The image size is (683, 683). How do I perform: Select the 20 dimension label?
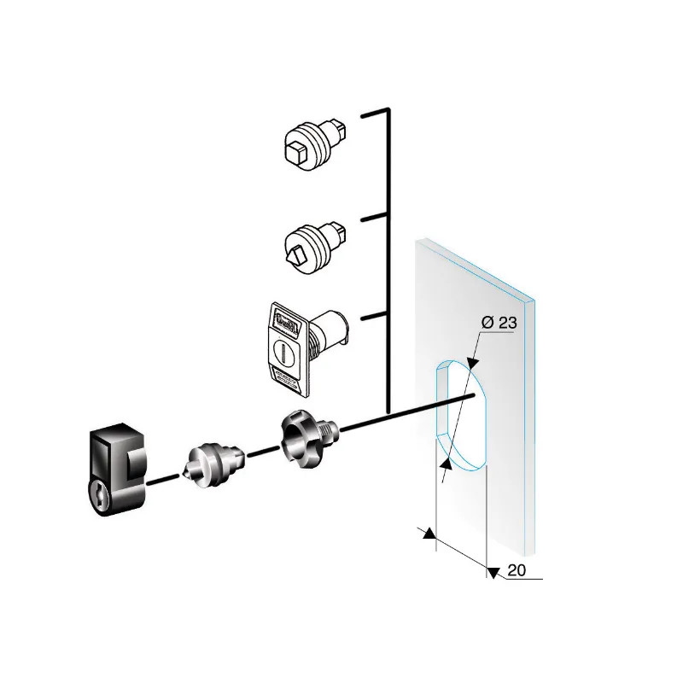pos(517,571)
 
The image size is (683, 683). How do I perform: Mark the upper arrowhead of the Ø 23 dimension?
pos(473,364)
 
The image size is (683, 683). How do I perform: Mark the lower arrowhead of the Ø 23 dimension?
pos(445,464)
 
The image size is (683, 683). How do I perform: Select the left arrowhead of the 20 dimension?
pos(429,535)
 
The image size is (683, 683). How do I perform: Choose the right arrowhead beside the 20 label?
pos(492,570)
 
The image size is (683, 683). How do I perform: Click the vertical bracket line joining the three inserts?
pos(388,256)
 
